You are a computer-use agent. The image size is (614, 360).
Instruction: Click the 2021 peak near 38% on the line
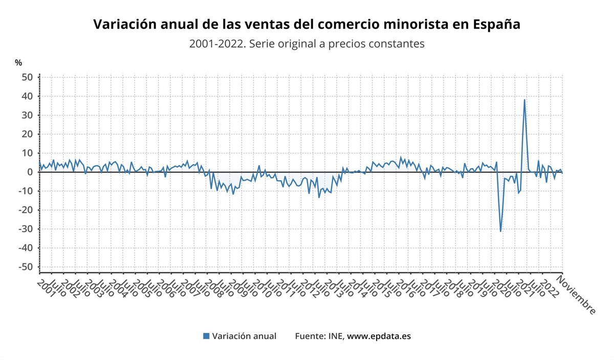click(524, 100)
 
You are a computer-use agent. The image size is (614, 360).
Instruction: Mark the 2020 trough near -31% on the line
click(500, 231)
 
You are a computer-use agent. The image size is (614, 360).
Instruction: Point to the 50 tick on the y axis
click(27, 77)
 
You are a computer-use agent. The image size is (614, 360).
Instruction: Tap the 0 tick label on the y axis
click(30, 172)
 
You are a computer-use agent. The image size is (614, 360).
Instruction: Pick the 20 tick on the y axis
click(27, 134)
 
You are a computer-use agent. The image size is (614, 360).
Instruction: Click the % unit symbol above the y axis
click(18, 63)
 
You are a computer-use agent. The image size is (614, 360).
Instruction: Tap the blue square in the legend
click(206, 336)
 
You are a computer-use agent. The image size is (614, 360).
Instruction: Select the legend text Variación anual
click(244, 336)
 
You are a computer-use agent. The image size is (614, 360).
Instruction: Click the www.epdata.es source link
click(379, 336)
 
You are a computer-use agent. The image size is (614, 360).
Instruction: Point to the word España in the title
click(496, 25)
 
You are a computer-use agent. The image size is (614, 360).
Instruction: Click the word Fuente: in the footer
click(312, 336)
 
